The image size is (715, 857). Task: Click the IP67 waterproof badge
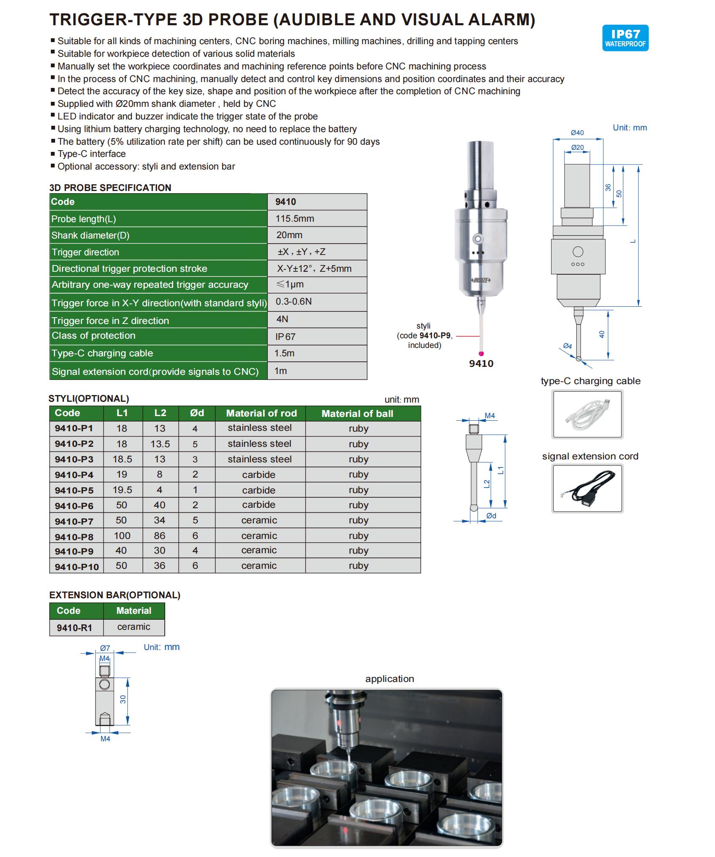tap(625, 38)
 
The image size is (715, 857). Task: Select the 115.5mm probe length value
tap(295, 218)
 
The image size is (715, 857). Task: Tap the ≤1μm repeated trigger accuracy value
tap(290, 284)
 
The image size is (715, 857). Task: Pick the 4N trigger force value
tap(282, 319)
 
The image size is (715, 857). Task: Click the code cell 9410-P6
tap(74, 505)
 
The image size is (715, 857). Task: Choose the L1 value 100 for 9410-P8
tap(122, 536)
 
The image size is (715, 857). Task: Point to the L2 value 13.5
tap(160, 444)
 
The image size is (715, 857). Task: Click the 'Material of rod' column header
tap(261, 413)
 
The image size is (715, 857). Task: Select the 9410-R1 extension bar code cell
tap(74, 628)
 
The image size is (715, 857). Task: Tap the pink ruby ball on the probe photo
tap(481, 353)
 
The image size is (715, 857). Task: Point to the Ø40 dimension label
tap(577, 133)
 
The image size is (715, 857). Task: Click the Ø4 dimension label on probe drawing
tap(567, 346)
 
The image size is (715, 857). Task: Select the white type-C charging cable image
tap(587, 414)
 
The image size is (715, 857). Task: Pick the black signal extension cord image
tap(587, 488)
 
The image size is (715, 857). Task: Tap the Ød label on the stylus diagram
tap(491, 516)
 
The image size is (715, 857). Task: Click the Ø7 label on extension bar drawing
tap(105, 648)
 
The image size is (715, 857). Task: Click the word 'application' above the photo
tap(389, 679)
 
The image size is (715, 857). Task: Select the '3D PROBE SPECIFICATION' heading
tap(110, 188)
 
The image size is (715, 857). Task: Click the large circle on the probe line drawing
tap(578, 252)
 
